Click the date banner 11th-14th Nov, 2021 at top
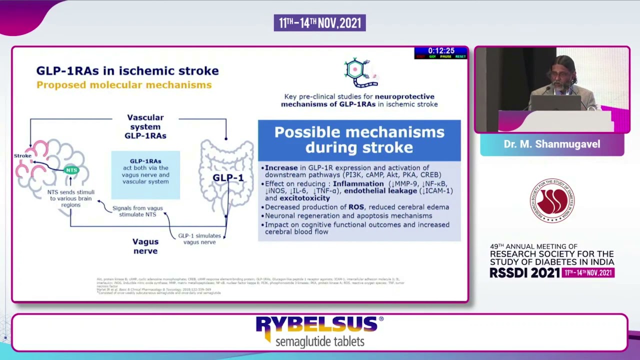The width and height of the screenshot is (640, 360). pyautogui.click(x=319, y=23)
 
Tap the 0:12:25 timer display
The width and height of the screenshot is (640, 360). pyautogui.click(x=440, y=51)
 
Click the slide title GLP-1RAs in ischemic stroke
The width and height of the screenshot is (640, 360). pyautogui.click(x=127, y=71)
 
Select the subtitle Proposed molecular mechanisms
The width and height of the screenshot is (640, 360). pyautogui.click(x=123, y=85)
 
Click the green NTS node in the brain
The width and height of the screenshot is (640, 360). pyautogui.click(x=71, y=170)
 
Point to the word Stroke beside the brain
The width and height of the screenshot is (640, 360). pyautogui.click(x=22, y=156)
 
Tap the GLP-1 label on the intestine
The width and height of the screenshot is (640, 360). pyautogui.click(x=227, y=178)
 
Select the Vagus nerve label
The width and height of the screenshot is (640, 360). pyautogui.click(x=145, y=246)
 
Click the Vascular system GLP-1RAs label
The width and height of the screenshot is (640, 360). pyautogui.click(x=145, y=126)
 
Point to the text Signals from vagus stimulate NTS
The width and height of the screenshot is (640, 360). pyautogui.click(x=137, y=211)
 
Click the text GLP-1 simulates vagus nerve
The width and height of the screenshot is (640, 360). pyautogui.click(x=199, y=239)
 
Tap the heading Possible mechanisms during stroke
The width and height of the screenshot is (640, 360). pyautogui.click(x=359, y=140)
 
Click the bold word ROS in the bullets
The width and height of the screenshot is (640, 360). pyautogui.click(x=356, y=207)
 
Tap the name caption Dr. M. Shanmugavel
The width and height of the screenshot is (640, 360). pyautogui.click(x=551, y=144)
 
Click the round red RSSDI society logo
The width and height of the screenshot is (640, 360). pyautogui.click(x=551, y=200)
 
